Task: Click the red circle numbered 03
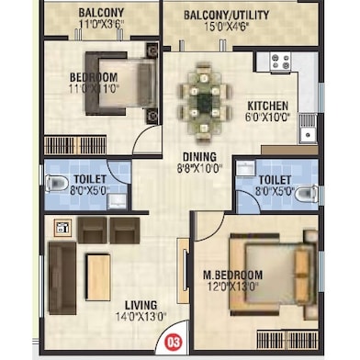(174, 342)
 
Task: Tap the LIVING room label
(141, 305)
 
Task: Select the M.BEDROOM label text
(233, 275)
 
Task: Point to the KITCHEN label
(268, 106)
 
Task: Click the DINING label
(199, 157)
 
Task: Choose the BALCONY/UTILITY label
(227, 15)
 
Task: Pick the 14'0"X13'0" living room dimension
(141, 316)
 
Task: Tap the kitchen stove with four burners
(280, 62)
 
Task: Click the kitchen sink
(308, 128)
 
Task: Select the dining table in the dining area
(203, 103)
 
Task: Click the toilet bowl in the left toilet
(57, 184)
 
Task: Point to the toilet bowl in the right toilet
(307, 194)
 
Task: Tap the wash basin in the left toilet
(118, 201)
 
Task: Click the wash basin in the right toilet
(246, 168)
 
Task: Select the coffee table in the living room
(98, 277)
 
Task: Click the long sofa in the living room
(62, 278)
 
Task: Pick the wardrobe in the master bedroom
(287, 340)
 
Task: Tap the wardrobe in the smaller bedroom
(75, 145)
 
